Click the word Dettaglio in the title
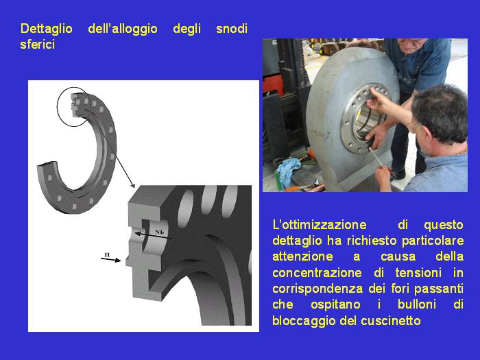click(46, 29)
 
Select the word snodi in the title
click(232, 29)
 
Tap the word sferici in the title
click(37, 45)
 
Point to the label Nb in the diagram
click(160, 232)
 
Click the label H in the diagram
click(107, 254)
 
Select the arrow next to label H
click(111, 260)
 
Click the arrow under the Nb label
click(153, 236)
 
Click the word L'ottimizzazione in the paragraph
click(320, 225)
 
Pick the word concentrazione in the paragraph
click(317, 273)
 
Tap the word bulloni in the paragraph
click(417, 304)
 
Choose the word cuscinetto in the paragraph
click(391, 321)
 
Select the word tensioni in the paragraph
click(418, 273)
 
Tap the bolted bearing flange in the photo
click(363, 118)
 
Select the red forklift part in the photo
click(274, 85)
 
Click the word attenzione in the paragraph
click(302, 256)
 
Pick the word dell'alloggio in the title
click(123, 29)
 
